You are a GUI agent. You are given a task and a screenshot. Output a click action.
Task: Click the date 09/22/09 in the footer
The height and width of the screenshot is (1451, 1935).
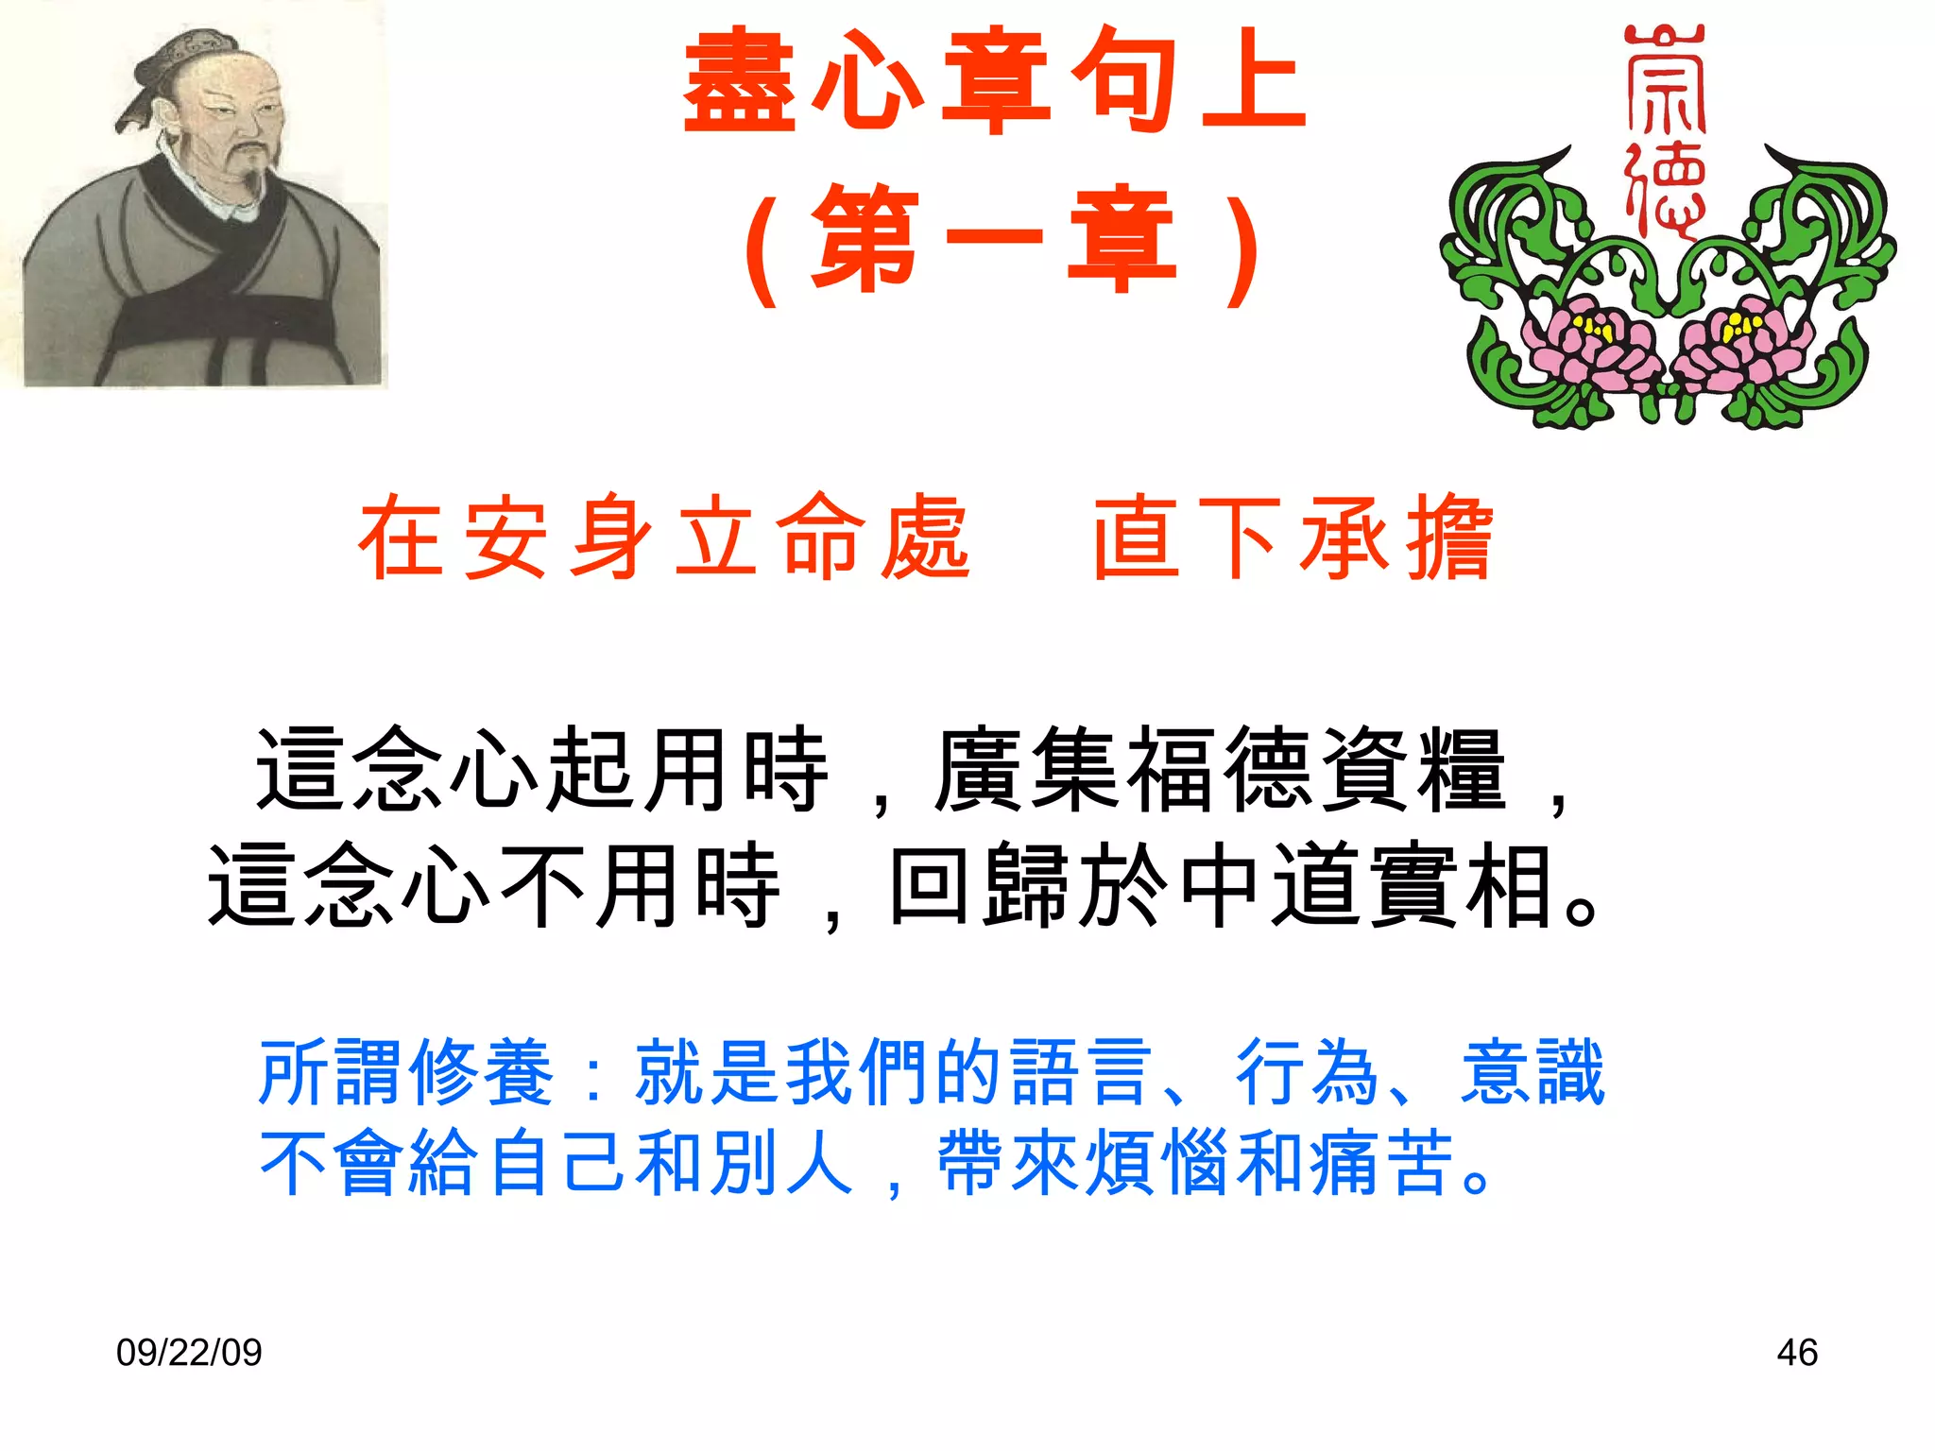tap(189, 1353)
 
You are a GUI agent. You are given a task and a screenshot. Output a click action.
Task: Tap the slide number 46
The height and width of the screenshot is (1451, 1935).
tap(1796, 1353)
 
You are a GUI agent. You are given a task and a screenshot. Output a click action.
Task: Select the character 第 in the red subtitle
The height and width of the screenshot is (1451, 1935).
tap(865, 239)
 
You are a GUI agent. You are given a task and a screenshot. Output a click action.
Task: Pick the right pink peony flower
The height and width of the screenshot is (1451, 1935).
tap(1744, 345)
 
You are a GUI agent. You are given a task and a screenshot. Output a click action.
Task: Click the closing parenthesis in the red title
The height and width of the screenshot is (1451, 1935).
tap(1243, 244)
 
